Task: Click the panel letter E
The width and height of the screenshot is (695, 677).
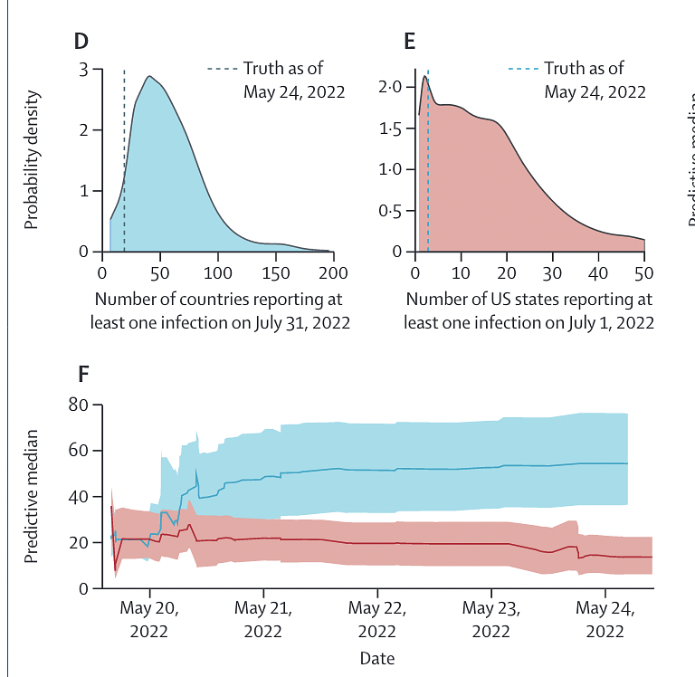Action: [x=409, y=41]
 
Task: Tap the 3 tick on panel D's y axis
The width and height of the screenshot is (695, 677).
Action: [x=83, y=70]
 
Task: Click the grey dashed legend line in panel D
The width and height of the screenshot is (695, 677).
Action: [x=223, y=69]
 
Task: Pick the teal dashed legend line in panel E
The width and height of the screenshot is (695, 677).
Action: [x=523, y=69]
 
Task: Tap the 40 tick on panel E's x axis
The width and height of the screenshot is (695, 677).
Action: [x=598, y=272]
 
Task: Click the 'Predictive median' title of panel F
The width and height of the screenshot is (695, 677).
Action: [x=32, y=497]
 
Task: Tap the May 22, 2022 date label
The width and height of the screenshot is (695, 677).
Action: [x=377, y=619]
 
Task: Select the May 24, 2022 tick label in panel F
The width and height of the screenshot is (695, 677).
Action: [x=605, y=619]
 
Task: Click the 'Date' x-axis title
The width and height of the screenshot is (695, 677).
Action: [x=376, y=659]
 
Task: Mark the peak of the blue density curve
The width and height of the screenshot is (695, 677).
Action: [x=149, y=76]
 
